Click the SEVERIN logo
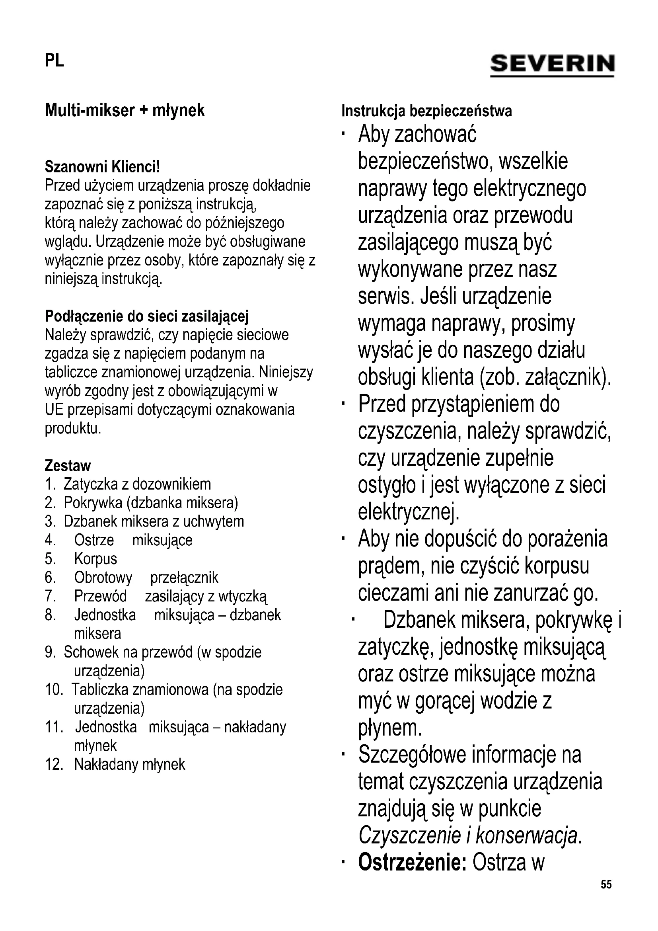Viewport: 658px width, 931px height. tap(552, 64)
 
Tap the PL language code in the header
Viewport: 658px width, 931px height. tap(54, 61)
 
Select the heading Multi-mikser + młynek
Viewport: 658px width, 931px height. tap(125, 110)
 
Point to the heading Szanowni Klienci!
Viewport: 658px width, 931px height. tap(102, 167)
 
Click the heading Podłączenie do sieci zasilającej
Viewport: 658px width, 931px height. tap(147, 316)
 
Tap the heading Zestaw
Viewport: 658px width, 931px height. tap(68, 466)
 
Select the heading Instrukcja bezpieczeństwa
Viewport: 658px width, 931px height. tap(426, 111)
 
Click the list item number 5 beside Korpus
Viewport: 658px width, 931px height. tap(50, 559)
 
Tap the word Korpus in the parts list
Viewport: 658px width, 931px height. tap(95, 559)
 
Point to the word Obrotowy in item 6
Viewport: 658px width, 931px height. tap(103, 578)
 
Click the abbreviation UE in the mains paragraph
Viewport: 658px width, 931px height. tap(54, 410)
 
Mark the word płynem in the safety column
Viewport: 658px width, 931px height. tap(390, 728)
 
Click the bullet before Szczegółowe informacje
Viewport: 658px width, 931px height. tap(343, 755)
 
